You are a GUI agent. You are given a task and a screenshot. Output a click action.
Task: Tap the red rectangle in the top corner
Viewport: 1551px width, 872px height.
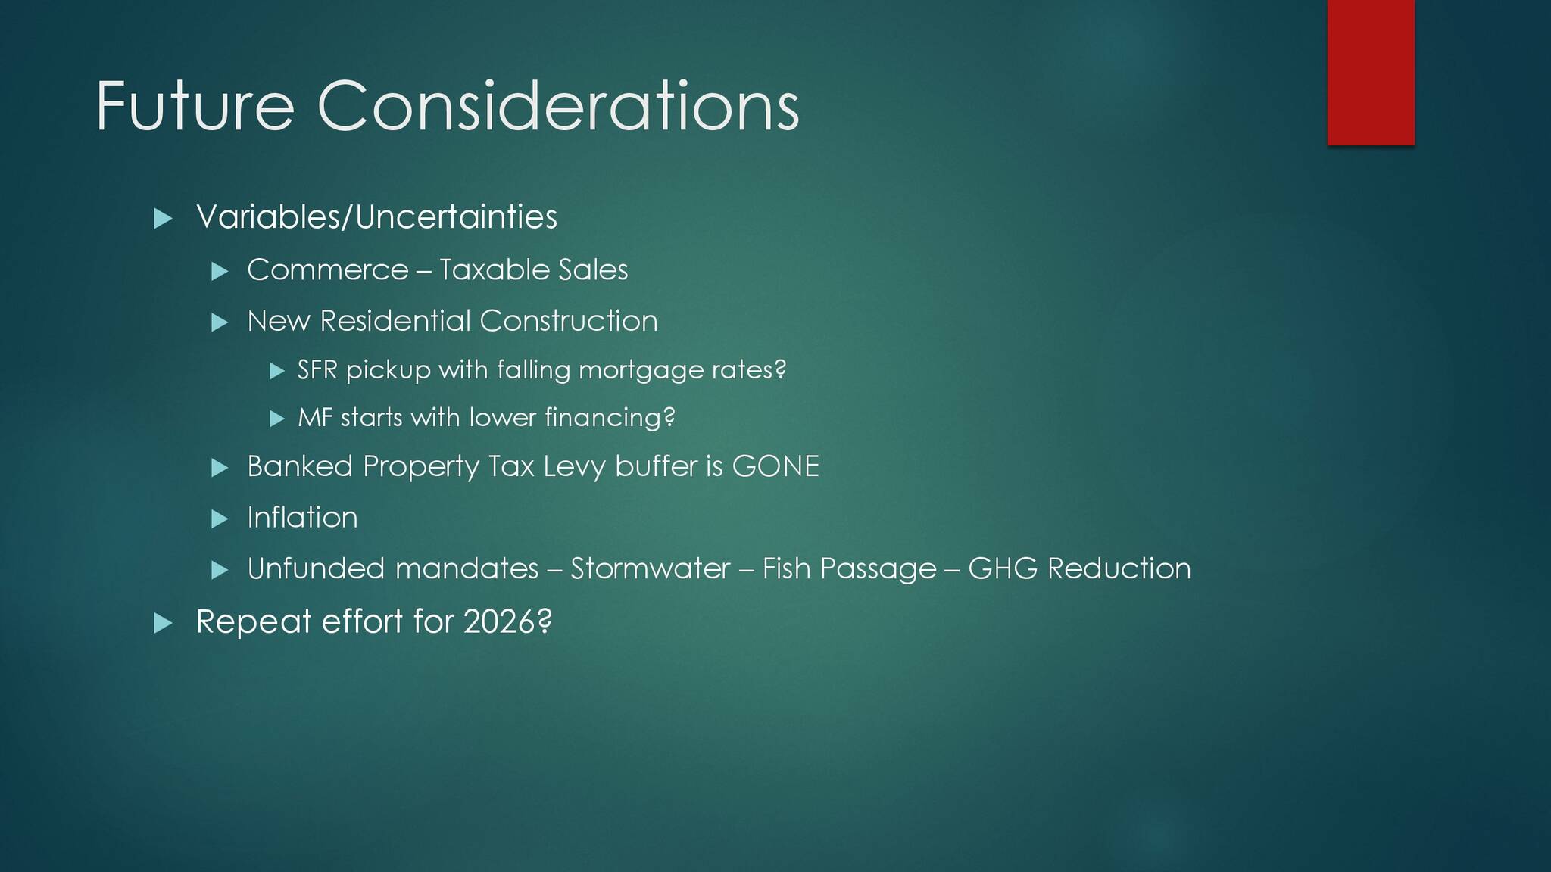1371,72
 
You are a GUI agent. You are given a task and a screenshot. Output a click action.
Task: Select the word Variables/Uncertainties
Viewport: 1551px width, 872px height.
376,217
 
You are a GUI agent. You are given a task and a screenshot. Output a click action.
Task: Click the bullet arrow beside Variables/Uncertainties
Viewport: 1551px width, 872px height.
163,220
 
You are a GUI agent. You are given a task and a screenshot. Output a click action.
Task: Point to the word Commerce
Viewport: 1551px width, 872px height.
328,270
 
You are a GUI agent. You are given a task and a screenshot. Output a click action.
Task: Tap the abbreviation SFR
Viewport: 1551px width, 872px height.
317,370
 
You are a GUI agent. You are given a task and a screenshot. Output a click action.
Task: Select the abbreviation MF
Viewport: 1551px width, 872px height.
315,418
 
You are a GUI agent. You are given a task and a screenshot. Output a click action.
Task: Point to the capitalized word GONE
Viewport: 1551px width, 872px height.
775,466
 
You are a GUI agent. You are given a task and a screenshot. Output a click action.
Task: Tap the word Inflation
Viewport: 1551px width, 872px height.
302,518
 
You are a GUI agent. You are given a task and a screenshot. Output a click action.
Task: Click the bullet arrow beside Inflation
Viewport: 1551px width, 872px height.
220,519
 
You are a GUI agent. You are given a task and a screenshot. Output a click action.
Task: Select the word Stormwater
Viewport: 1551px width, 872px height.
651,568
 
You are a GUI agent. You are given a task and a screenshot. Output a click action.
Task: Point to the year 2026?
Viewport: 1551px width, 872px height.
507,621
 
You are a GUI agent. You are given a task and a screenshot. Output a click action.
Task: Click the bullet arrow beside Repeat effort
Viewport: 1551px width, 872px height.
163,624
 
